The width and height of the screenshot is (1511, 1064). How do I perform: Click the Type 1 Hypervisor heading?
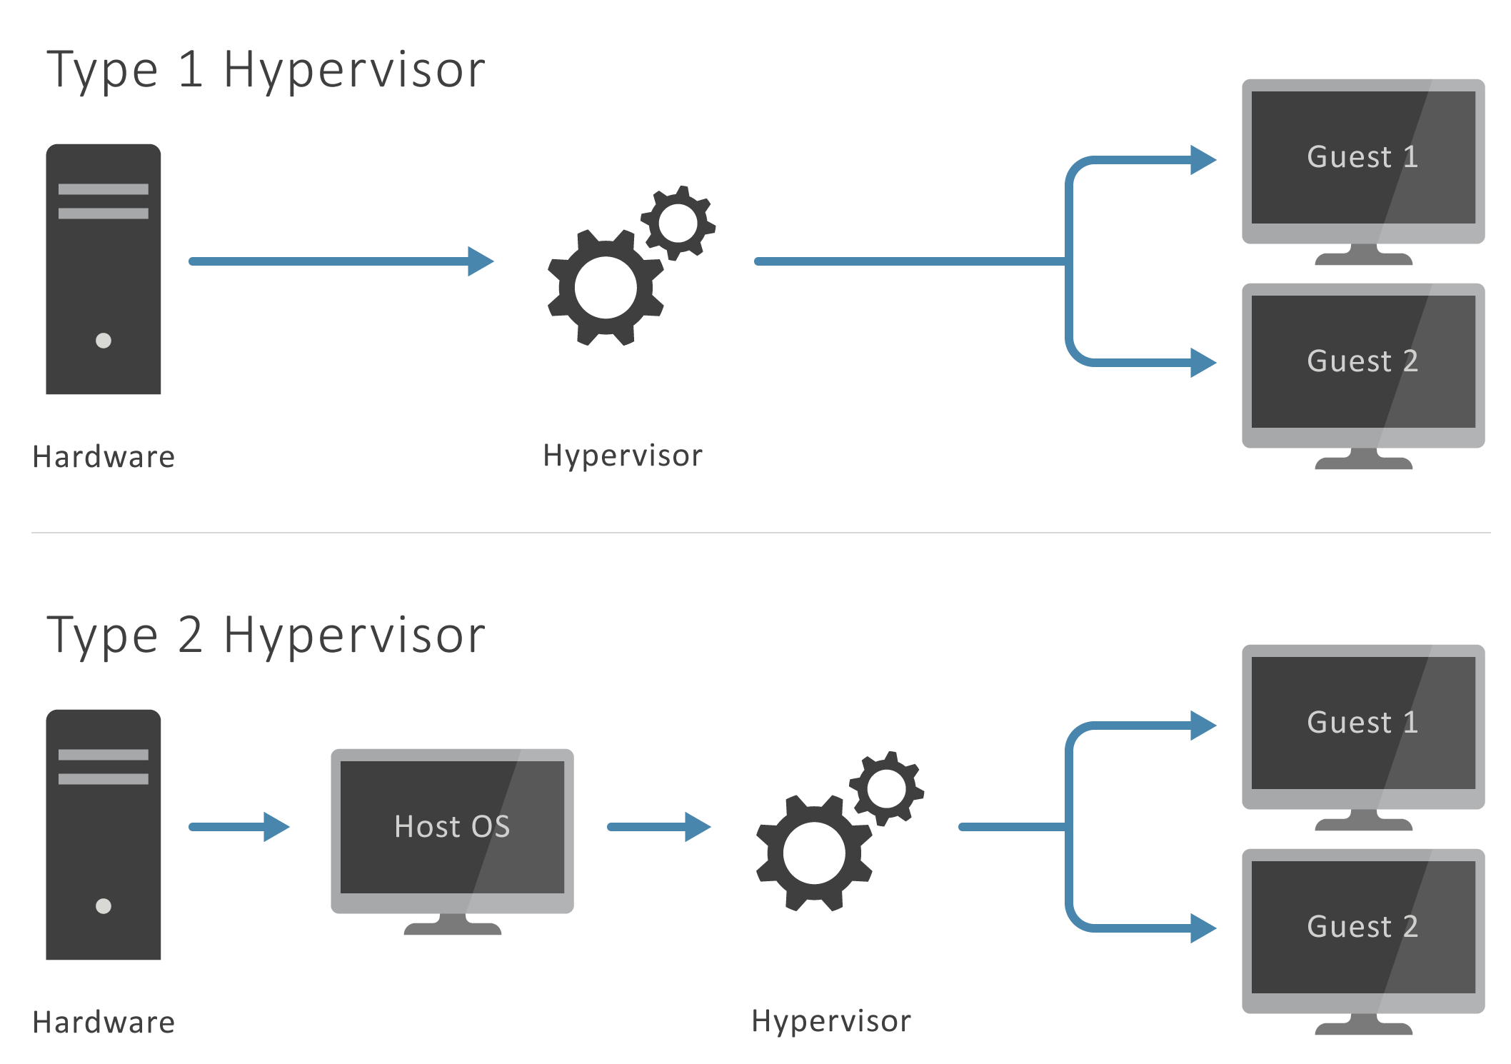coord(266,71)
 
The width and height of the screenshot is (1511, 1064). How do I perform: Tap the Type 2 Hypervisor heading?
coord(266,636)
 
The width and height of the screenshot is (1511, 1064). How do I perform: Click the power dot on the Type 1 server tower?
coord(104,341)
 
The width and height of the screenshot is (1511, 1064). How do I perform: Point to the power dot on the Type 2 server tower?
coord(104,906)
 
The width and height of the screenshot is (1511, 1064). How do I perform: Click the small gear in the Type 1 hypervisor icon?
coord(678,224)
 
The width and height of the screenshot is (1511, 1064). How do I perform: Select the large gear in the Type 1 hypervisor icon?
coord(606,288)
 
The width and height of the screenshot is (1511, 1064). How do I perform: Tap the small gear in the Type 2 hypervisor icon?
coord(887,789)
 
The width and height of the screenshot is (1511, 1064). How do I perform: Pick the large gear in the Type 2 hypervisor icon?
coord(814,853)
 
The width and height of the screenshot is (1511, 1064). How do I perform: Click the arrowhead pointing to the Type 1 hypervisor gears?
coord(481,261)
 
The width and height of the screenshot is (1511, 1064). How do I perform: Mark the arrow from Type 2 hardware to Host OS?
coord(239,827)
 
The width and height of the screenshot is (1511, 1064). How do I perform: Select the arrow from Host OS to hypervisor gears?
coord(658,827)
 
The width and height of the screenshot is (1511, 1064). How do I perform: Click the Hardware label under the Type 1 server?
coord(104,457)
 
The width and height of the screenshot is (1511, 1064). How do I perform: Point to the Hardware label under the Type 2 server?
coord(104,1023)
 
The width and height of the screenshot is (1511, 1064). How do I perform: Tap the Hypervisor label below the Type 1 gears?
coord(623,456)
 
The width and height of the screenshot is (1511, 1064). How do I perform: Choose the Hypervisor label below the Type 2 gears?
coord(831,1022)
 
